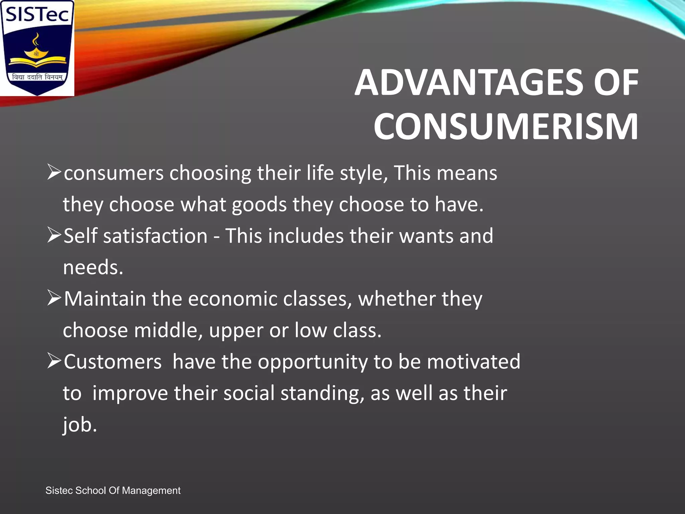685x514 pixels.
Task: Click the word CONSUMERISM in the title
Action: (506, 127)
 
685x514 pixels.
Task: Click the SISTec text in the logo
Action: (37, 15)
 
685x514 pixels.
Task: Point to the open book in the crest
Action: (37, 61)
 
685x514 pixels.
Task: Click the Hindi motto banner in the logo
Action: (37, 77)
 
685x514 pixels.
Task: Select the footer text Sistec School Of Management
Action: (113, 491)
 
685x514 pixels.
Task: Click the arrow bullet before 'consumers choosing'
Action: (54, 172)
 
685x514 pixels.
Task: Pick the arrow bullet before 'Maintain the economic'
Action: (54, 298)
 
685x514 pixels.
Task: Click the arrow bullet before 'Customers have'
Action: (54, 361)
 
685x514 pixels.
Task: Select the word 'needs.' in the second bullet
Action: (93, 267)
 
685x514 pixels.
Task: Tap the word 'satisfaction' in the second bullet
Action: (155, 236)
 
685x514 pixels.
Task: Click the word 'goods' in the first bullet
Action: (259, 205)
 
